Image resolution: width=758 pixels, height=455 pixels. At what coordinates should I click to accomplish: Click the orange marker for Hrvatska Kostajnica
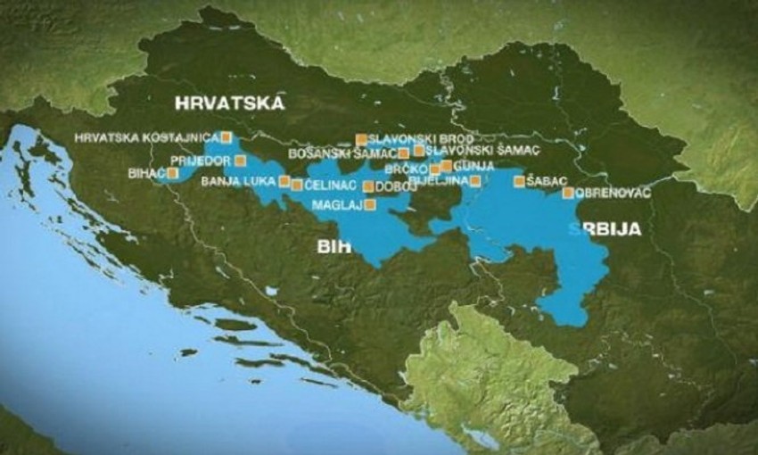226,137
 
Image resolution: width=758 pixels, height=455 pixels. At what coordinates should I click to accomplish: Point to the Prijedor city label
201,161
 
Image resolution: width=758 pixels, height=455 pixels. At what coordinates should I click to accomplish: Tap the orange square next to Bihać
172,173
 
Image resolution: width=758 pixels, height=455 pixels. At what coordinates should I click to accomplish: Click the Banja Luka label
240,181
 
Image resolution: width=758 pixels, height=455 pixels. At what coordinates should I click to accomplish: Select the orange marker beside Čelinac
296,186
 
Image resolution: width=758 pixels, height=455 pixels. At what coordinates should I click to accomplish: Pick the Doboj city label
391,186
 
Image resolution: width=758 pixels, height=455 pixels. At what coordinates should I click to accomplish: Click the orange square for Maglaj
370,204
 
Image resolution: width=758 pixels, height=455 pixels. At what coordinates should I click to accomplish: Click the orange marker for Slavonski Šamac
418,151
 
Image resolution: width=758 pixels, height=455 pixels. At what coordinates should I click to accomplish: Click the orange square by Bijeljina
475,181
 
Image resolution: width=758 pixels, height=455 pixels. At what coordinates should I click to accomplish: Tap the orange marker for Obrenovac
568,193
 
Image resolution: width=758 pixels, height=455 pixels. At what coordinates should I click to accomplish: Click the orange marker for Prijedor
241,161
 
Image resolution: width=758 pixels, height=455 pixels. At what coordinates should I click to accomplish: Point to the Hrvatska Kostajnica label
147,137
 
